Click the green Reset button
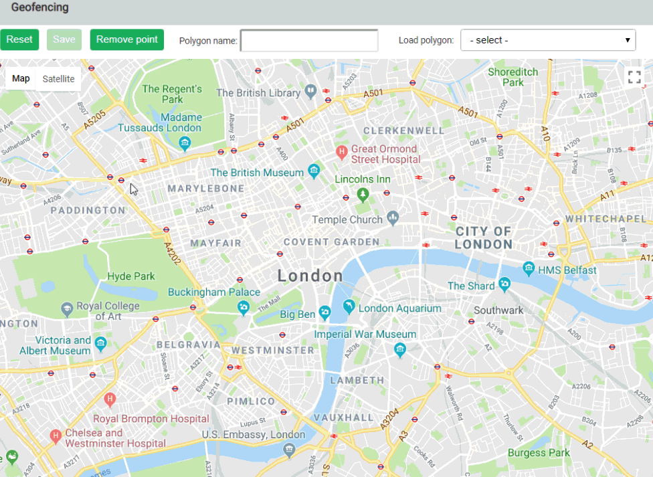pyautogui.click(x=19, y=39)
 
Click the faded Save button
pyautogui.click(x=64, y=39)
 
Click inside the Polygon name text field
pyautogui.click(x=309, y=41)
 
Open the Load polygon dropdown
pyautogui.click(x=547, y=40)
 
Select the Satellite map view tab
pyautogui.click(x=58, y=79)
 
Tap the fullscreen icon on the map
pyautogui.click(x=634, y=77)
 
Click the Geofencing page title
pyautogui.click(x=39, y=8)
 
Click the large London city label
pyautogui.click(x=310, y=276)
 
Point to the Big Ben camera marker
pyautogui.click(x=324, y=312)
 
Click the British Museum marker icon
pyautogui.click(x=313, y=171)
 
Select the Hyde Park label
pyautogui.click(x=131, y=276)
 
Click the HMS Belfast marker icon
pyautogui.click(x=529, y=269)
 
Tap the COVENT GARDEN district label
pyautogui.click(x=331, y=242)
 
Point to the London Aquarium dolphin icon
pyautogui.click(x=348, y=306)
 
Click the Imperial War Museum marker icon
pyautogui.click(x=400, y=349)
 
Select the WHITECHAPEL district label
pyautogui.click(x=605, y=219)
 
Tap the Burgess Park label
pyautogui.click(x=539, y=453)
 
